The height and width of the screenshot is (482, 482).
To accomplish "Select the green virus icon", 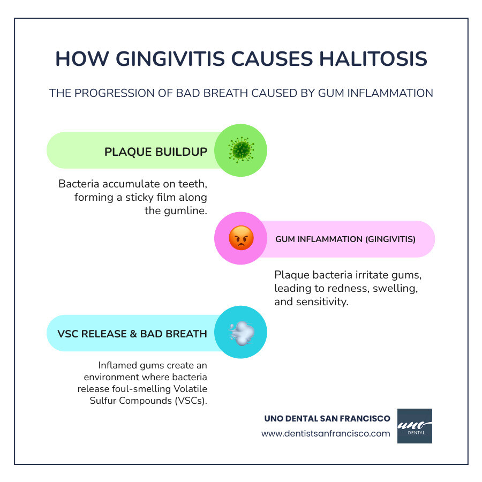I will (240, 150).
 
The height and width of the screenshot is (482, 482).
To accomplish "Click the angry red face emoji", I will (240, 238).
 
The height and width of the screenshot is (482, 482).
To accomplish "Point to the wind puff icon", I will (240, 333).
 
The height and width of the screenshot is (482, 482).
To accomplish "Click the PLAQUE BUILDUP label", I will (155, 152).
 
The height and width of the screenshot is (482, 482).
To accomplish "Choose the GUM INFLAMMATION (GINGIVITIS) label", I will (345, 239).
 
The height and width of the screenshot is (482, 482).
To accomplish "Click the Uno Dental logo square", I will (415, 426).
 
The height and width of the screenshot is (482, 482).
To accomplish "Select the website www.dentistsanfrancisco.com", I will (326, 434).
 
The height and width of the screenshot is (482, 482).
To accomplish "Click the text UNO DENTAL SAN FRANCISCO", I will (327, 418).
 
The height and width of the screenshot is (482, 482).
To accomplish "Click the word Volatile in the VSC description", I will (191, 389).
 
